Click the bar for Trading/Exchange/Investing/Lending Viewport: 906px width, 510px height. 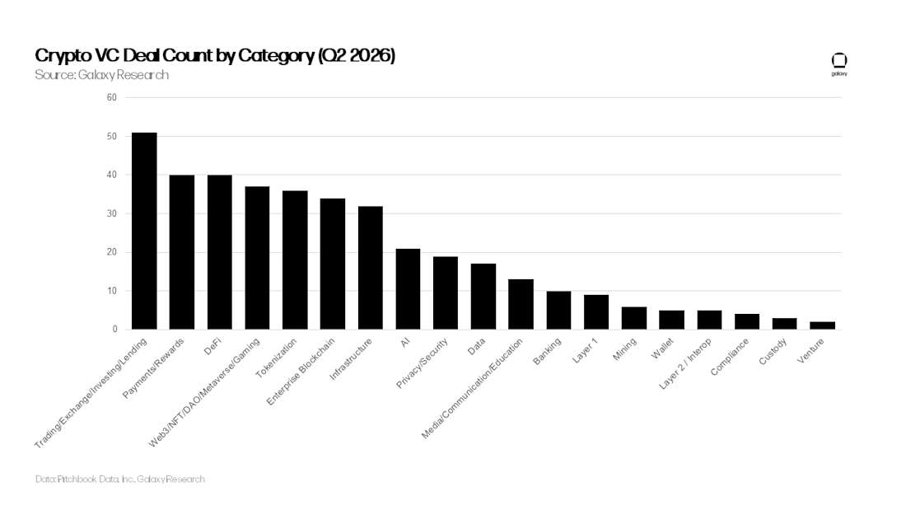pos(144,232)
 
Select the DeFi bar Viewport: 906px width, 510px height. pos(220,252)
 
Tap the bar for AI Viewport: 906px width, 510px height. pos(408,289)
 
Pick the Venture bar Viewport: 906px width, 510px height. pos(822,325)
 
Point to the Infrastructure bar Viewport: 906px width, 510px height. pos(371,268)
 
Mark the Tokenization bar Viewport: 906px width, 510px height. pos(295,260)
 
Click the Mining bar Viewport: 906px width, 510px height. pos(634,318)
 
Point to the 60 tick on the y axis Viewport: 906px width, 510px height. pos(111,97)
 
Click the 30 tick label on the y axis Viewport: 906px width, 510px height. pos(111,213)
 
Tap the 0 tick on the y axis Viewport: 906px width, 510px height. pos(115,329)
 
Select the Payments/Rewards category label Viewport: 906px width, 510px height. pos(153,368)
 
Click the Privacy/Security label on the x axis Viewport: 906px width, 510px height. pos(422,363)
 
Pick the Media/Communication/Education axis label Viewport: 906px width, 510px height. pos(472,389)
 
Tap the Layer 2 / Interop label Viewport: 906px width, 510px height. pos(685,363)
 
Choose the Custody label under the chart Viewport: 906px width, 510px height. pos(773,352)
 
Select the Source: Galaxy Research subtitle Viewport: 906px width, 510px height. pos(101,75)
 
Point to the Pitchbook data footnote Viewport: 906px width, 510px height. pos(119,479)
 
